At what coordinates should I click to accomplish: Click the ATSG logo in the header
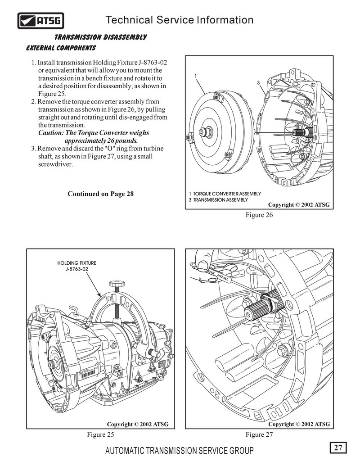(x=40, y=20)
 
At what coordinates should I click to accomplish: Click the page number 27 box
(x=338, y=448)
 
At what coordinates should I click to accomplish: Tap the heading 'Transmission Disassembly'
(x=100, y=37)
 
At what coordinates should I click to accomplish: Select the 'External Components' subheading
(x=61, y=47)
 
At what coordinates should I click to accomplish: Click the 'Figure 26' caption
(x=259, y=215)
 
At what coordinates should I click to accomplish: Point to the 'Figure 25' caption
(x=100, y=434)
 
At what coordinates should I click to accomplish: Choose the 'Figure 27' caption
(x=259, y=434)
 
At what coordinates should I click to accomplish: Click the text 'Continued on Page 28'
(x=100, y=194)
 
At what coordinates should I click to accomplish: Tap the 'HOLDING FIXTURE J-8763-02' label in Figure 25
(x=76, y=266)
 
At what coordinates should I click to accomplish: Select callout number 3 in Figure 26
(x=259, y=83)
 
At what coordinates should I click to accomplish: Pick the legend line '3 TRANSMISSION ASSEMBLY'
(x=218, y=199)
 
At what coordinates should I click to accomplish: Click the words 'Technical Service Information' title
(x=179, y=20)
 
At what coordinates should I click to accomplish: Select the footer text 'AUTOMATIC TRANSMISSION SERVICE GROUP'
(x=179, y=451)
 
